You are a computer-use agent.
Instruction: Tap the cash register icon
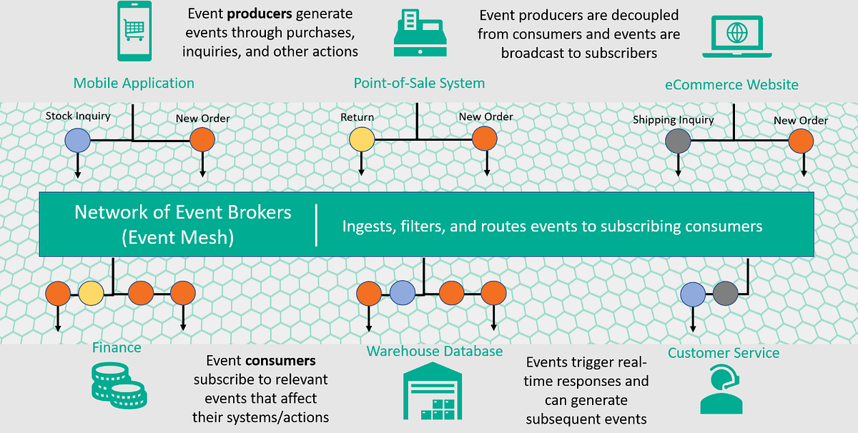click(x=420, y=34)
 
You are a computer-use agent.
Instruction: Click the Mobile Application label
click(x=134, y=83)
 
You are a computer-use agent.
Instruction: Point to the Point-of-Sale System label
click(x=419, y=83)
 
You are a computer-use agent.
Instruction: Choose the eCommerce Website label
click(x=731, y=84)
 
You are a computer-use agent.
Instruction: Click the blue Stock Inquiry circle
click(x=77, y=139)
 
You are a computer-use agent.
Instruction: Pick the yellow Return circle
click(x=362, y=139)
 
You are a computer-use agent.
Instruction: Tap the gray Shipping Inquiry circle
click(x=677, y=141)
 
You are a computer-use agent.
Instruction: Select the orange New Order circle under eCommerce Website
click(x=802, y=141)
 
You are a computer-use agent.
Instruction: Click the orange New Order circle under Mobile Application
click(x=202, y=139)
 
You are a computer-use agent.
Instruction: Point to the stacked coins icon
click(x=119, y=381)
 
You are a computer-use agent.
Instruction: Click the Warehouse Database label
click(x=434, y=351)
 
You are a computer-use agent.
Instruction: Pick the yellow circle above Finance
click(x=91, y=292)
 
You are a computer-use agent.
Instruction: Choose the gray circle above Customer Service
click(x=725, y=293)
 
